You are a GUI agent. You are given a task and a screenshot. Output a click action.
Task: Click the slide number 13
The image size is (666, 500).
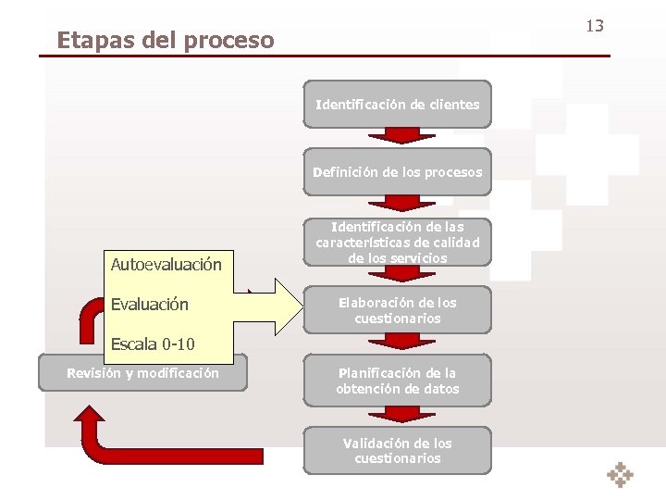click(594, 25)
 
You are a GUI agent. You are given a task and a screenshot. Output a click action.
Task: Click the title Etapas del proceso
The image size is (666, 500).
click(166, 41)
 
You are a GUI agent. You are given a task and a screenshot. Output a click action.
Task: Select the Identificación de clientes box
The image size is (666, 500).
click(398, 105)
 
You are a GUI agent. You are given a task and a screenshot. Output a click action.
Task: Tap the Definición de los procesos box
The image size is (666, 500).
click(398, 172)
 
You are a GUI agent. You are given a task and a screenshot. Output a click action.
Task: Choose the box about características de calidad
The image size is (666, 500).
click(398, 242)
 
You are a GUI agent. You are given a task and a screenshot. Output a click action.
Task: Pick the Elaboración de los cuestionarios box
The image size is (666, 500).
click(398, 310)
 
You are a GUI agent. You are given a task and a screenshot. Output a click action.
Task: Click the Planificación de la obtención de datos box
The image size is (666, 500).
click(398, 381)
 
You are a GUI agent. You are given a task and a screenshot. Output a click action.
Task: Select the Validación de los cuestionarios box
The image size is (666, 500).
click(398, 450)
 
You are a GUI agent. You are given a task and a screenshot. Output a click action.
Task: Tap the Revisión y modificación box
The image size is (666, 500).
click(142, 373)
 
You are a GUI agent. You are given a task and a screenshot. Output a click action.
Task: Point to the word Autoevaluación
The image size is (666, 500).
click(166, 265)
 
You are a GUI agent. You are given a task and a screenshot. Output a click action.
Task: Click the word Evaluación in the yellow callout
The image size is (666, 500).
click(150, 305)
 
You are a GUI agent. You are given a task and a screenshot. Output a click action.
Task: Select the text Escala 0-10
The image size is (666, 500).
click(153, 345)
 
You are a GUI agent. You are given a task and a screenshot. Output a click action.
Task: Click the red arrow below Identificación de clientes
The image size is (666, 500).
click(398, 135)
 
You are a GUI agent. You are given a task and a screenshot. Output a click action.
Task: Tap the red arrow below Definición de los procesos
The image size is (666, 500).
click(398, 203)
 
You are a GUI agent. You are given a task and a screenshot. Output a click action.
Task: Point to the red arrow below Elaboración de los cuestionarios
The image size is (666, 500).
click(398, 341)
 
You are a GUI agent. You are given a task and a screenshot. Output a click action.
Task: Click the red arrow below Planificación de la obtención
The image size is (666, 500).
click(398, 412)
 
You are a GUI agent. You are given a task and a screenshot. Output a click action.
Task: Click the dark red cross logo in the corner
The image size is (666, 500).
click(620, 474)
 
